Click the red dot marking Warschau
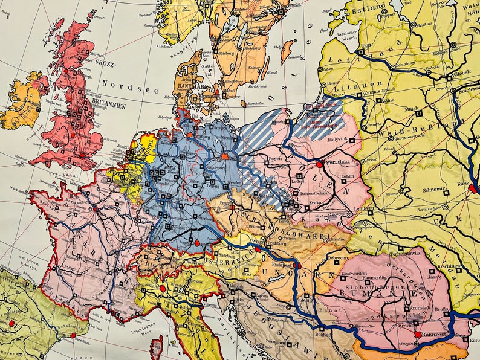319,164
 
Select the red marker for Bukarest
417,334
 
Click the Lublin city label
347,177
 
